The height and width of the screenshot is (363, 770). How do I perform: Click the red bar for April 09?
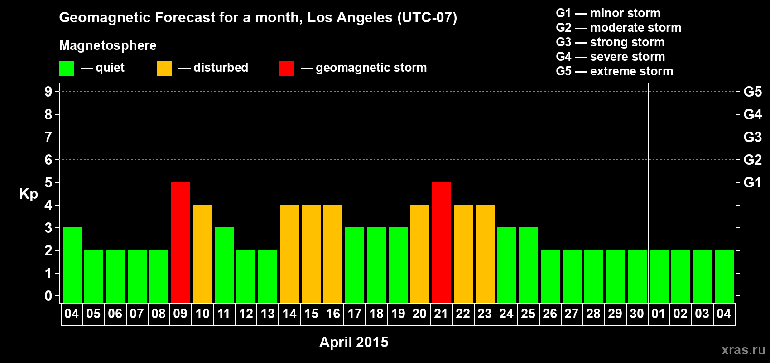point(181,242)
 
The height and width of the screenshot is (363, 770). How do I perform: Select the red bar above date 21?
point(442,242)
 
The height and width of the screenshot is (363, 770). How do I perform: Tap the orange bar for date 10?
point(202,254)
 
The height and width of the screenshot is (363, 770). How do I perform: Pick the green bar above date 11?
point(224,265)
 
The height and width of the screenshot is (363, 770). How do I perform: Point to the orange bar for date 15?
point(311,254)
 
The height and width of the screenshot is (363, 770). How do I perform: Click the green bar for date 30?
point(637,276)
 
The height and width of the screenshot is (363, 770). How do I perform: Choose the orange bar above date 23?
point(485,254)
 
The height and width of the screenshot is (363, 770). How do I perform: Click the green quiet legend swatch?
point(66,69)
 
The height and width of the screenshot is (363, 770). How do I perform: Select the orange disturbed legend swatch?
point(164,69)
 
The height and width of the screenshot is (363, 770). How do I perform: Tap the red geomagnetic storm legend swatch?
point(286,69)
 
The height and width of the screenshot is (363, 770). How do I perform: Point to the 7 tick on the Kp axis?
point(48,137)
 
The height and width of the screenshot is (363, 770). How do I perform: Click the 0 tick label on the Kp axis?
point(48,296)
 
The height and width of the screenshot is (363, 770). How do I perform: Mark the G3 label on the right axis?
point(752,137)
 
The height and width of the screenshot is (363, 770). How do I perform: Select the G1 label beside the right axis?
point(752,182)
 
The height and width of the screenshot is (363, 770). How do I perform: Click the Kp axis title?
point(29,194)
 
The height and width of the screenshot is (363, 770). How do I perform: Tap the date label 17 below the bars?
point(355,314)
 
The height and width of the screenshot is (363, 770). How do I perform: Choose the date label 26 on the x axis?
point(550,314)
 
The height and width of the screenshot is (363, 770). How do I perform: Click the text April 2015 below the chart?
point(354,342)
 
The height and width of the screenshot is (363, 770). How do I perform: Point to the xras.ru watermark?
point(743,350)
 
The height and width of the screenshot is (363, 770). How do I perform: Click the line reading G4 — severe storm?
point(610,57)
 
